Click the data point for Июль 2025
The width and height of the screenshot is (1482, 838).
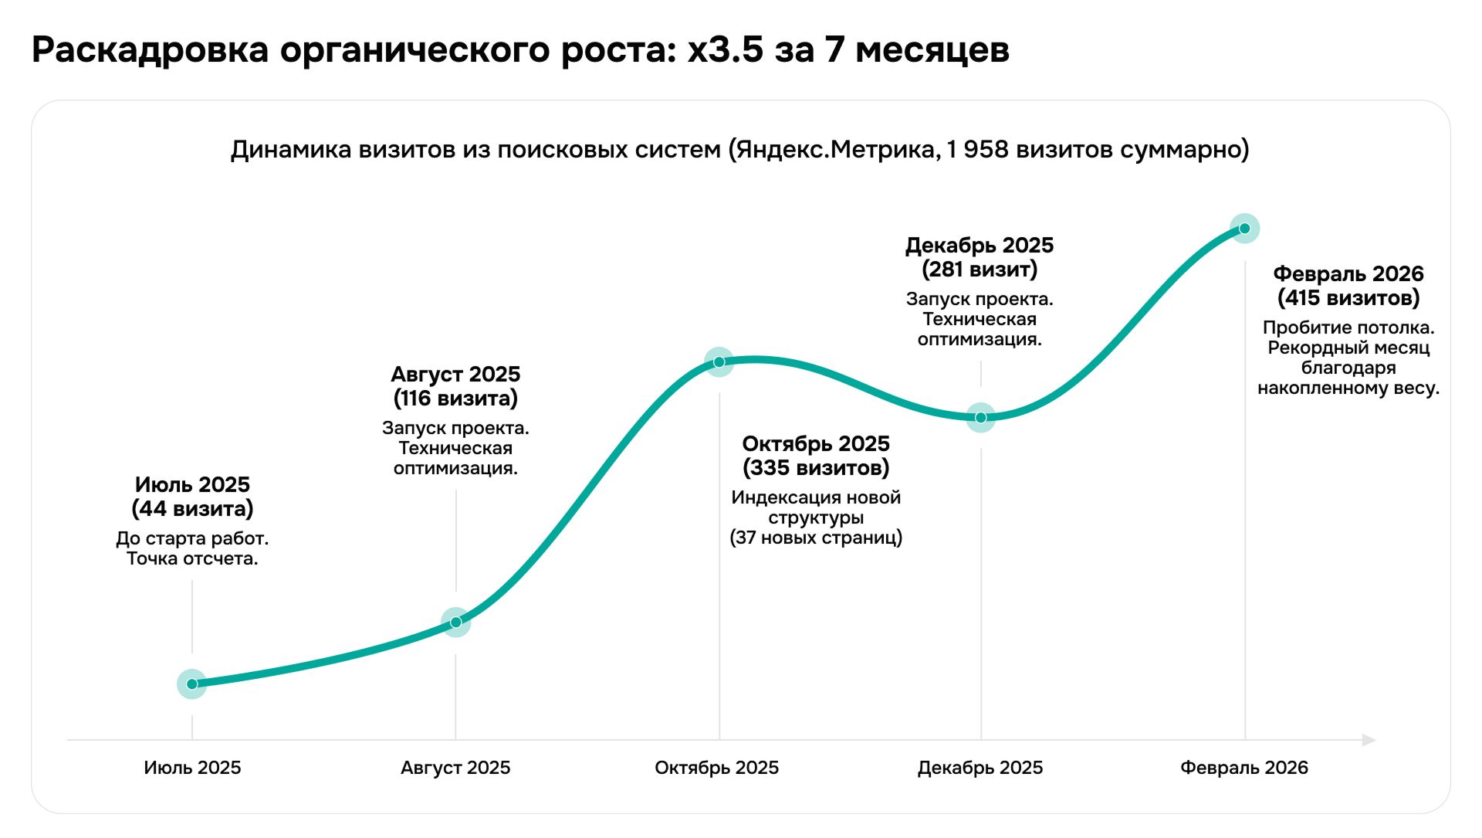coord(192,684)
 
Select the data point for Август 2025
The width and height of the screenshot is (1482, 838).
coord(455,622)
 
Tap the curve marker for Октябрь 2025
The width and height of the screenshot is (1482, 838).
coord(719,361)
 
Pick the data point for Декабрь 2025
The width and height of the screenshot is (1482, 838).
coord(980,417)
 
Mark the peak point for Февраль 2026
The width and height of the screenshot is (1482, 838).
coord(1244,228)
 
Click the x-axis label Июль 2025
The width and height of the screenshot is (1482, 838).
coord(192,768)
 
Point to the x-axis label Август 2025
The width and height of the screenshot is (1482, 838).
coord(455,768)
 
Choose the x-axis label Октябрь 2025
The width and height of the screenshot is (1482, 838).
coord(716,768)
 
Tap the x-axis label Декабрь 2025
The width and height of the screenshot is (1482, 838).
coord(980,768)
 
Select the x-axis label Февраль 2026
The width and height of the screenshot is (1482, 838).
coord(1243,768)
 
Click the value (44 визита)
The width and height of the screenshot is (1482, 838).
coord(192,509)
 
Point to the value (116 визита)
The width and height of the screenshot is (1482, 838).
coord(455,399)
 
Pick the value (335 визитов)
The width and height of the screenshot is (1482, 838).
coord(816,468)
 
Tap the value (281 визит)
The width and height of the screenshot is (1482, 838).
coord(980,270)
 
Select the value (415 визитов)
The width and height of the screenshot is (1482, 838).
coord(1348,298)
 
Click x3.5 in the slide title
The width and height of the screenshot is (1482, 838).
coord(725,50)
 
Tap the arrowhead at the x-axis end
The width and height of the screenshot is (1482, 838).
coord(1369,740)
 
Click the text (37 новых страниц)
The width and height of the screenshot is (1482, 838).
coord(816,538)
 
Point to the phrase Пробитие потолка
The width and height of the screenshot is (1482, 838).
coord(1348,327)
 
